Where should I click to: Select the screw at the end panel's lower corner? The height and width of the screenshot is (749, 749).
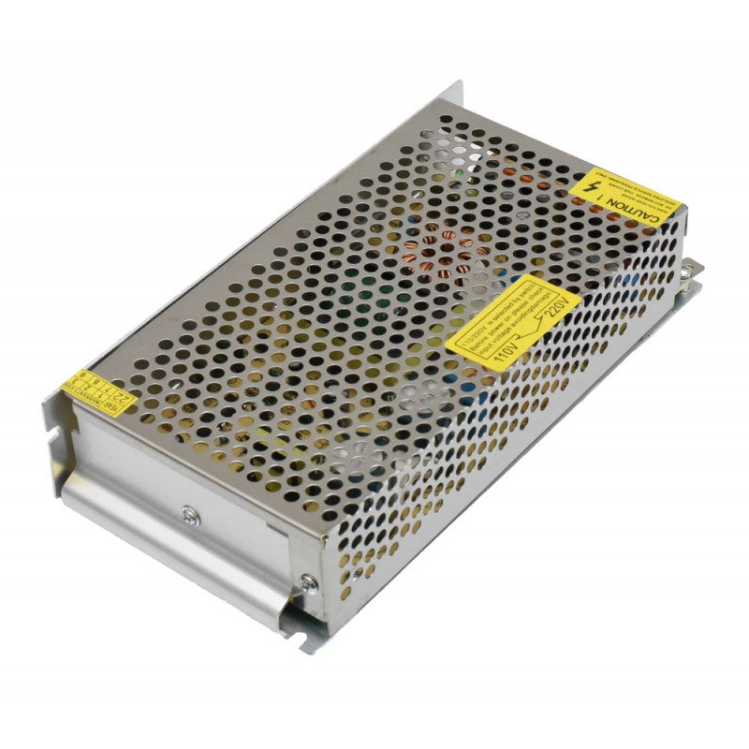coord(306,582)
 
